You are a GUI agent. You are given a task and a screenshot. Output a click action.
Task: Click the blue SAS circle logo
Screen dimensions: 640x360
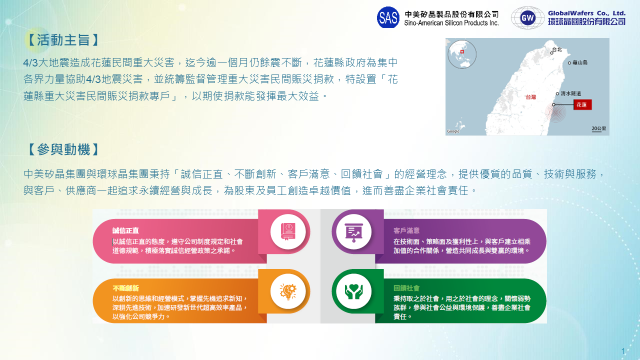click(388, 17)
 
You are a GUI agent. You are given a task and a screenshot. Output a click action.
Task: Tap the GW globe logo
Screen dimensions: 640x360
click(527, 18)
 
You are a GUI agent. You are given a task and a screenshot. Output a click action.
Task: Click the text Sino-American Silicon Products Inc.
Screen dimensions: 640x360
click(451, 23)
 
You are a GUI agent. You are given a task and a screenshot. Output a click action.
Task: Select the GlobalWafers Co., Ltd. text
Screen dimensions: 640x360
click(586, 13)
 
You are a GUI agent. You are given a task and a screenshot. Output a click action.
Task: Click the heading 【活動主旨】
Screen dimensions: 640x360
click(63, 40)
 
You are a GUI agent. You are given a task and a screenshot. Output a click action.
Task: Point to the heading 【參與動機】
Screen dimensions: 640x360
click(63, 149)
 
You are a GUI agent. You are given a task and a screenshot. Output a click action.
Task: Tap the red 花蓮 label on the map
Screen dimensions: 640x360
click(582, 104)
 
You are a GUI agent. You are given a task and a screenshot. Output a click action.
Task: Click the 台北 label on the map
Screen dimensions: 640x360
click(557, 49)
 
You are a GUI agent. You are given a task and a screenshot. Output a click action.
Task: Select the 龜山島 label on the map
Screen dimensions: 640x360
click(580, 62)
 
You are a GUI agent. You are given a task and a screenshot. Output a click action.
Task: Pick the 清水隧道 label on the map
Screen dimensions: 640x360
click(570, 93)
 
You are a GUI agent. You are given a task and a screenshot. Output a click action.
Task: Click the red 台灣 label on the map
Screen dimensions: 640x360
click(531, 97)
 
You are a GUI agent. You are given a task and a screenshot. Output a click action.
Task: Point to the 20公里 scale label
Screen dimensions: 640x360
click(598, 128)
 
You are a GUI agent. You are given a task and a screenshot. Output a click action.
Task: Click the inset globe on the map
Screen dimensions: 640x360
click(462, 54)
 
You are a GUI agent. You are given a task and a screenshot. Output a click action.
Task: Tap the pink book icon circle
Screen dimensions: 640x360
click(288, 231)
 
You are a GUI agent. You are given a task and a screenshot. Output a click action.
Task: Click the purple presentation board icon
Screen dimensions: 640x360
click(353, 231)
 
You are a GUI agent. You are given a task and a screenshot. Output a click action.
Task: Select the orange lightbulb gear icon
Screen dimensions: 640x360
click(288, 291)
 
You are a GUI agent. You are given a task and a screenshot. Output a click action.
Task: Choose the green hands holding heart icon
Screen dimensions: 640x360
click(353, 291)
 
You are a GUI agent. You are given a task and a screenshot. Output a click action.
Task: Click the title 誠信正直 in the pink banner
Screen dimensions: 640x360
click(125, 230)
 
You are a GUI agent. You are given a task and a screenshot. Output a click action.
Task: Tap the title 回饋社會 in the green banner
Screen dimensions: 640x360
click(406, 288)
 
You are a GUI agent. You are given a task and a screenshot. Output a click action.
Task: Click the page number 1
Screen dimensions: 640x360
click(623, 351)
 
